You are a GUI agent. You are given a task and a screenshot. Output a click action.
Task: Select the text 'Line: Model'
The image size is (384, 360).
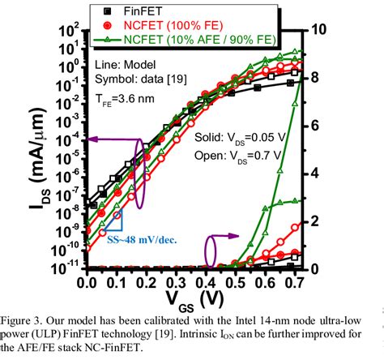pyautogui.click(x=128, y=65)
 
